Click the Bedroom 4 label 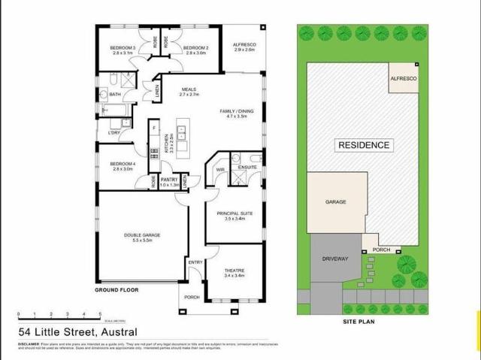coord(122,164)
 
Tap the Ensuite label coord(248,167)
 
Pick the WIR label coord(220,170)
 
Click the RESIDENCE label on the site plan coord(364,145)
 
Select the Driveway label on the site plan coord(336,259)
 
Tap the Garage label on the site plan coord(336,203)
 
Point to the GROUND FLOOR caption coord(116,289)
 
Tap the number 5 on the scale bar coord(100,312)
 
